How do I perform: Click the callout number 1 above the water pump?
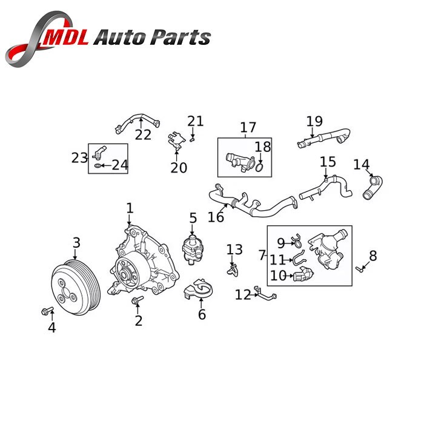click(130, 208)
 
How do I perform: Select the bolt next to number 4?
click(46, 311)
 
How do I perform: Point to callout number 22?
click(143, 134)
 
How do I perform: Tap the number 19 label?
click(314, 121)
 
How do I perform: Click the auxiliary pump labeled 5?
click(193, 246)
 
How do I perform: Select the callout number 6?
click(202, 314)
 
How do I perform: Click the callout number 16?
click(215, 216)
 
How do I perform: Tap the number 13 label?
click(234, 249)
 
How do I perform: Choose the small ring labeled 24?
click(99, 165)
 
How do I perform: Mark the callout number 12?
click(243, 295)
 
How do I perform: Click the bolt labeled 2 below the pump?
click(135, 300)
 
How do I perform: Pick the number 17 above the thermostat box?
click(248, 128)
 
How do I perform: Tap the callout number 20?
click(179, 167)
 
